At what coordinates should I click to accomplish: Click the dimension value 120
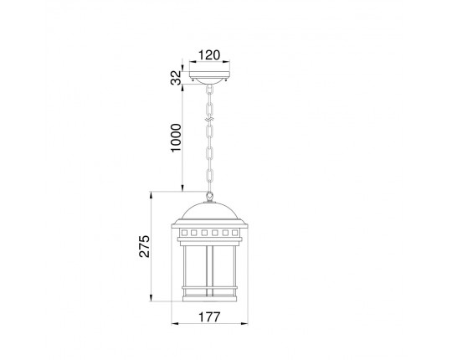pyautogui.click(x=209, y=54)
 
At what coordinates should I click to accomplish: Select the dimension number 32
pyautogui.click(x=176, y=78)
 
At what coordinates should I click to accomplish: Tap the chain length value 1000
pyautogui.click(x=176, y=138)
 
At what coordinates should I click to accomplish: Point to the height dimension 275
pyautogui.click(x=145, y=246)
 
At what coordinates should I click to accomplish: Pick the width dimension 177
pyautogui.click(x=209, y=317)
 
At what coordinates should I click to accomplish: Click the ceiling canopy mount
pyautogui.click(x=209, y=76)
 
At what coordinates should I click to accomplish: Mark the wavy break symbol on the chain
pyautogui.click(x=209, y=119)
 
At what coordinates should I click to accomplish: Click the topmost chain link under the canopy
pyautogui.click(x=209, y=90)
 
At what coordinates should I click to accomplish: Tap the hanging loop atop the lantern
pyautogui.click(x=209, y=197)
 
